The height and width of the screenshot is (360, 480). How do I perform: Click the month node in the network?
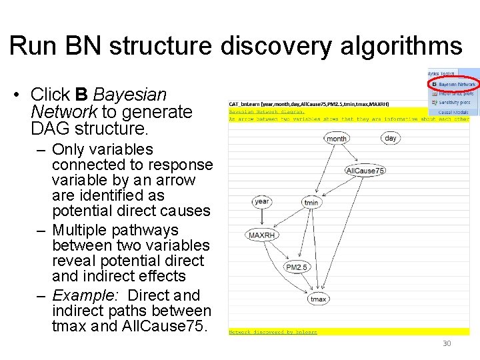337,139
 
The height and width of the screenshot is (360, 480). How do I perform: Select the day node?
391,138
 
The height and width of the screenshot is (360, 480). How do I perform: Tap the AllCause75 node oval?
365,171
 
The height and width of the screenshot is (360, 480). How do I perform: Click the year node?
261,201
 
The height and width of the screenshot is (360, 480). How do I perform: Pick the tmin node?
311,202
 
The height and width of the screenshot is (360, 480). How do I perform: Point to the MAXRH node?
261,235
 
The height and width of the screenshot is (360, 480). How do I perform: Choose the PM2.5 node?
297,267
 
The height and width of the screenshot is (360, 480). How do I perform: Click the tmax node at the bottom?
319,299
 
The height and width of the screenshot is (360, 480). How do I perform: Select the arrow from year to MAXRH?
261,219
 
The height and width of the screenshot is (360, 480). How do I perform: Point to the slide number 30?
447,344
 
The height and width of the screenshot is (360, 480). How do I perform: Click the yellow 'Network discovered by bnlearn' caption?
273,331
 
